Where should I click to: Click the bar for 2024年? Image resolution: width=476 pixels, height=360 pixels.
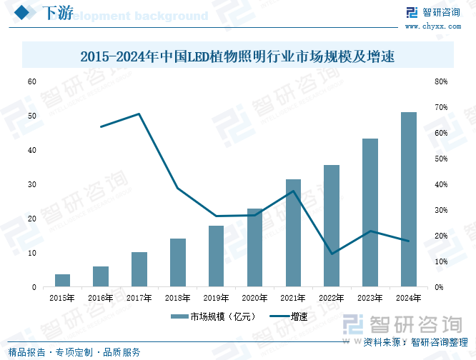408,200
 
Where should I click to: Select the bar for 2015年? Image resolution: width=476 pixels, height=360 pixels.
63,281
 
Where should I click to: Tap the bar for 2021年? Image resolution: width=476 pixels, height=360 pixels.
293,234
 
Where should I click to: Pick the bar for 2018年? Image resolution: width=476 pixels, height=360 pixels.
178,263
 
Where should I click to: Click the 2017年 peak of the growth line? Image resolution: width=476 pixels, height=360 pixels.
139,114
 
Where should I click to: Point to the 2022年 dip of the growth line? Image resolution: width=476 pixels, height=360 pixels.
332,254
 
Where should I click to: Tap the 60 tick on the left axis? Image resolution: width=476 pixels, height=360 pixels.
31,81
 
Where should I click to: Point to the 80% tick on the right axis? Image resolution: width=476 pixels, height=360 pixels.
441,81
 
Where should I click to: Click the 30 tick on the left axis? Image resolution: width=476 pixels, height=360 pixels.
31,184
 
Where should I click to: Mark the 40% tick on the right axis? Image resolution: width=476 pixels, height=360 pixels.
441,184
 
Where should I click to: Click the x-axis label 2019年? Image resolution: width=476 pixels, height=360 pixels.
216,297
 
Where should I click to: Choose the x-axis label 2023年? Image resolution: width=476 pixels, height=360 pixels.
370,297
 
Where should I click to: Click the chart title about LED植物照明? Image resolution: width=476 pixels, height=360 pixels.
237,56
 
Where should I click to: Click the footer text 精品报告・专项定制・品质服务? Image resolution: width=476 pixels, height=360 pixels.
74,352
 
